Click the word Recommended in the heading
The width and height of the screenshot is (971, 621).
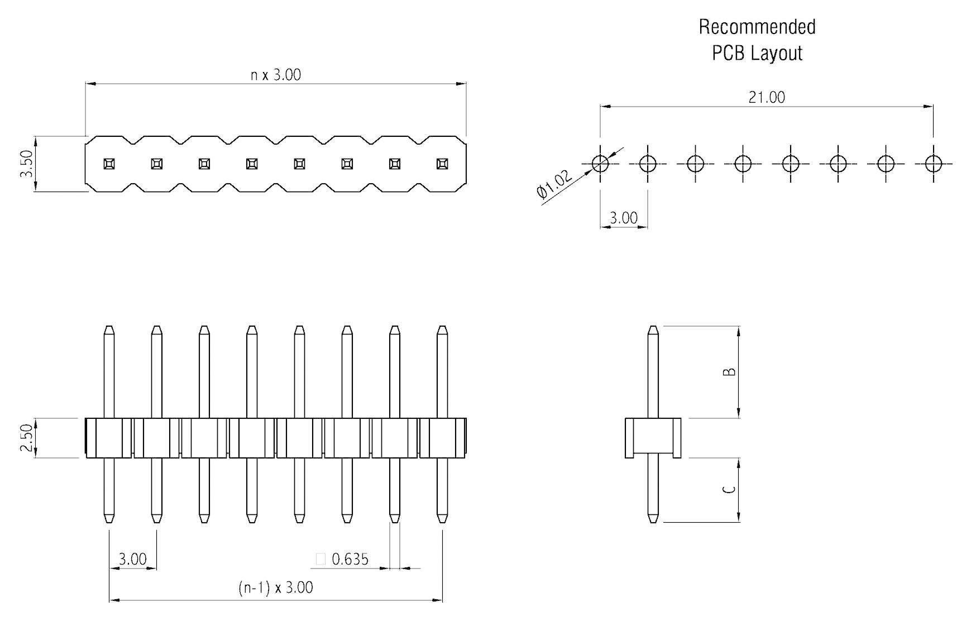coord(757,27)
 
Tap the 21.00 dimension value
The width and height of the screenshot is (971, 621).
coord(766,97)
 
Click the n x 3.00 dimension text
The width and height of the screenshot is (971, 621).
coord(275,75)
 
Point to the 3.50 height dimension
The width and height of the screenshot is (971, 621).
coord(27,164)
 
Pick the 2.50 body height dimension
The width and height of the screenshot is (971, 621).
coord(27,438)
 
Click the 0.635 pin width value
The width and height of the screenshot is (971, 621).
coord(350,559)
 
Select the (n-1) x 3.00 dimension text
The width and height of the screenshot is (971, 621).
coord(275,587)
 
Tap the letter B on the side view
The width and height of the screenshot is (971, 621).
coord(729,372)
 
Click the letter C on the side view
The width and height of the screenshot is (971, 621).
coord(729,490)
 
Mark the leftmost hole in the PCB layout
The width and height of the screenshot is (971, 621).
coord(600,164)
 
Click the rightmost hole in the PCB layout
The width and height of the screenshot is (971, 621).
coord(933,164)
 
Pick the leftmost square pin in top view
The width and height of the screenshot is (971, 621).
coord(109,164)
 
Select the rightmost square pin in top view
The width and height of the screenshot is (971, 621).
coord(442,164)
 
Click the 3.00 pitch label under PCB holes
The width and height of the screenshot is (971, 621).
coord(623,218)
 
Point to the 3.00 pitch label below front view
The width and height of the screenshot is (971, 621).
coord(132,559)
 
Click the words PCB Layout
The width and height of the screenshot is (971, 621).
coord(757,54)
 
